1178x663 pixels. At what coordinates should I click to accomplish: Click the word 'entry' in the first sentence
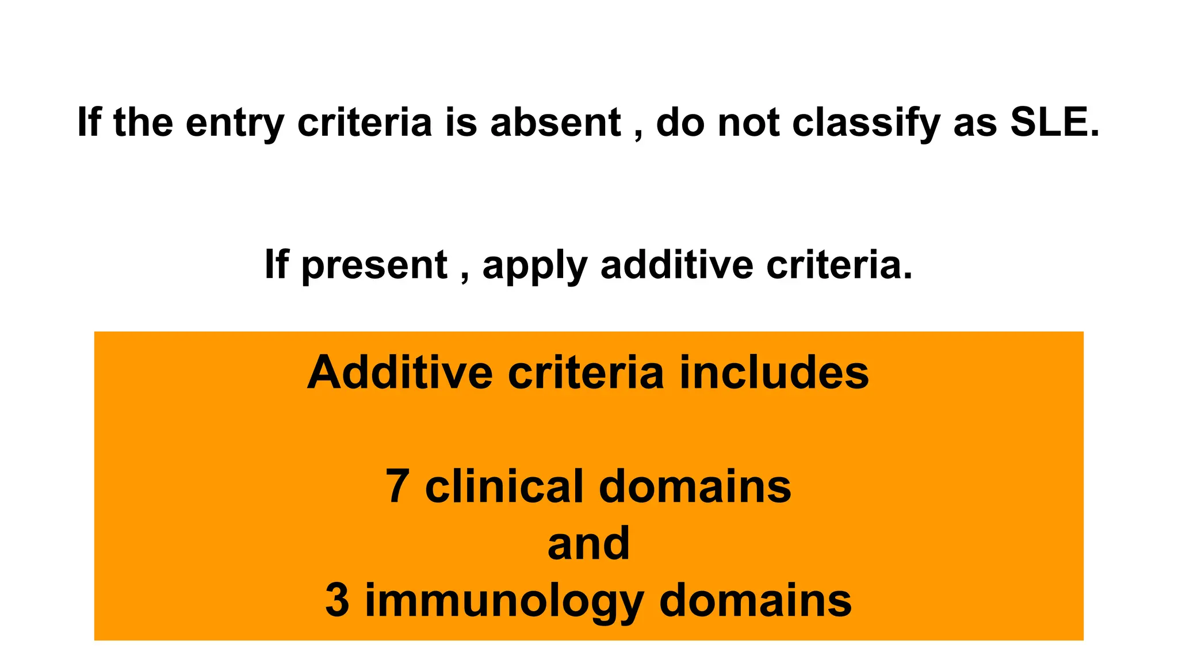click(235, 123)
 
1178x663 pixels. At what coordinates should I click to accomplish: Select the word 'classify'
click(866, 123)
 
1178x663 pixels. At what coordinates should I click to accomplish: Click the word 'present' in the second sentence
click(373, 266)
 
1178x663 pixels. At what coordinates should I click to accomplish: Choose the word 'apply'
click(534, 266)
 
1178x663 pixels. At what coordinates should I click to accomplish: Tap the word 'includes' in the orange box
click(774, 372)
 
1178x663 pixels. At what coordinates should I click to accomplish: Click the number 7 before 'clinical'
click(397, 486)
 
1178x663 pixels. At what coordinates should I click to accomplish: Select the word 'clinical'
click(504, 486)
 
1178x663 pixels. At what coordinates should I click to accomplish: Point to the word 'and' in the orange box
click(588, 543)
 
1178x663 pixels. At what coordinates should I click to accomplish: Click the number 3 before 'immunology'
click(337, 600)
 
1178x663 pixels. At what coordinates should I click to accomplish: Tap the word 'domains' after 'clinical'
click(695, 486)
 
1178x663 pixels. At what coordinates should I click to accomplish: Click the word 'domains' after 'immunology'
click(755, 600)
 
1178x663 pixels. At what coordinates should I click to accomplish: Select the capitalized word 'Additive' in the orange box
click(400, 372)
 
